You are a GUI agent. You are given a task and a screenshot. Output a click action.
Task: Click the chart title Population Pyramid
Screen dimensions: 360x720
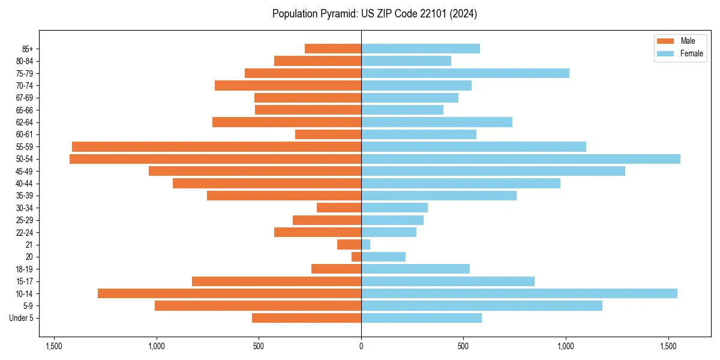pos(374,14)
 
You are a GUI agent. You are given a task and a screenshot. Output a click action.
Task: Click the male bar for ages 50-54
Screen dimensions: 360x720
pos(215,159)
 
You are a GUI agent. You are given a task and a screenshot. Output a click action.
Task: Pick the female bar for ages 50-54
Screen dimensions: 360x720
pos(521,159)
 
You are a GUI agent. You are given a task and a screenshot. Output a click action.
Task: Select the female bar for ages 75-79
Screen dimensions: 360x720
pos(465,73)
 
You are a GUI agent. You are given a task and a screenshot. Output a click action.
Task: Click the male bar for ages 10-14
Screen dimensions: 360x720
pos(229,293)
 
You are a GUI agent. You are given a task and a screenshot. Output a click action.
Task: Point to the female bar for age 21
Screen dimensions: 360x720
pos(365,245)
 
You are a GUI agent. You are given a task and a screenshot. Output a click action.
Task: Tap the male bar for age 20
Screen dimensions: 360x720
pos(356,257)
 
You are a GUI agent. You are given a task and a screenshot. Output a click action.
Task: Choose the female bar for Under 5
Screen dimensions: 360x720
pos(421,318)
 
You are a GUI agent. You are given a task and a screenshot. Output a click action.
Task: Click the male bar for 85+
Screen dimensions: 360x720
pos(333,49)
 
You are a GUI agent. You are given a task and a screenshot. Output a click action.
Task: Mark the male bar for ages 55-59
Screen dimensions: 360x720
pos(217,146)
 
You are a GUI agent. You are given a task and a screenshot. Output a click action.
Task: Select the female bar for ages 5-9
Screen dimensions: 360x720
pos(482,306)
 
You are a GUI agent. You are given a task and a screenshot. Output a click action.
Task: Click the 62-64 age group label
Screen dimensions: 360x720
pos(24,122)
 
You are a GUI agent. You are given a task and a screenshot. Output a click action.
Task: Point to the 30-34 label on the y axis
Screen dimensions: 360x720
pos(24,208)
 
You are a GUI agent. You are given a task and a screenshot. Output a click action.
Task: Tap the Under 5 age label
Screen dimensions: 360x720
pos(21,318)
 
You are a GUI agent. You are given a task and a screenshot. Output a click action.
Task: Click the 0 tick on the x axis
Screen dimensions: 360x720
pos(361,346)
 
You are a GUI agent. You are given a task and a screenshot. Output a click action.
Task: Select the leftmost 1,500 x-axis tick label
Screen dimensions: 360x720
pos(54,346)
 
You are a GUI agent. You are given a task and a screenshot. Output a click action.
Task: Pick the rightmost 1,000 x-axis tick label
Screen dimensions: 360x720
pos(566,346)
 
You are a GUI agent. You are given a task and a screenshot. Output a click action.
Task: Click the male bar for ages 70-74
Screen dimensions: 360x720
pos(288,85)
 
